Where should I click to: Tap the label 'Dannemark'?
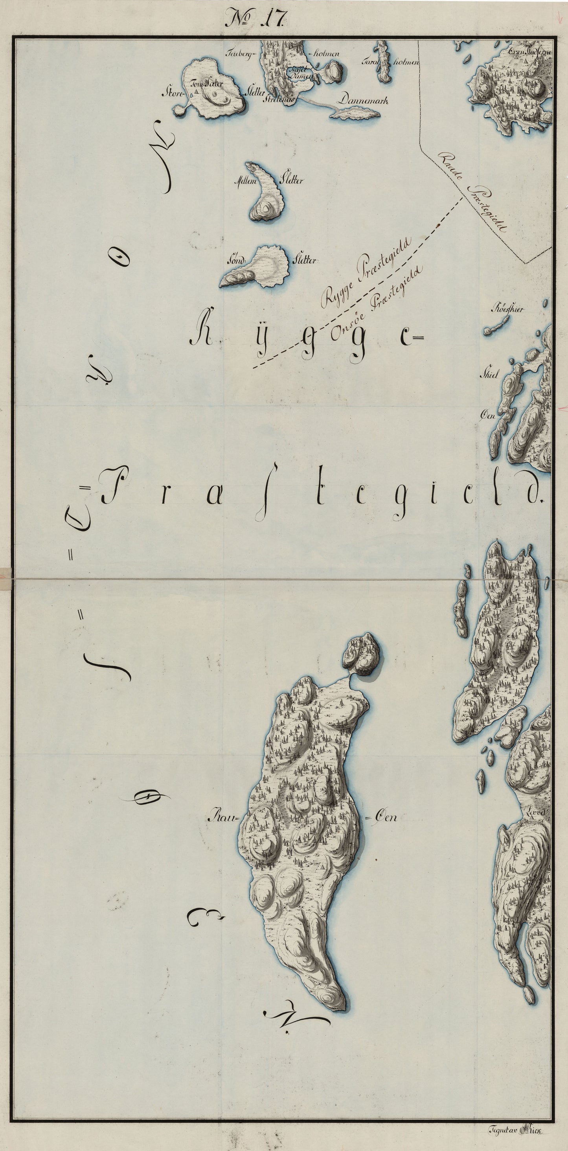362,100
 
